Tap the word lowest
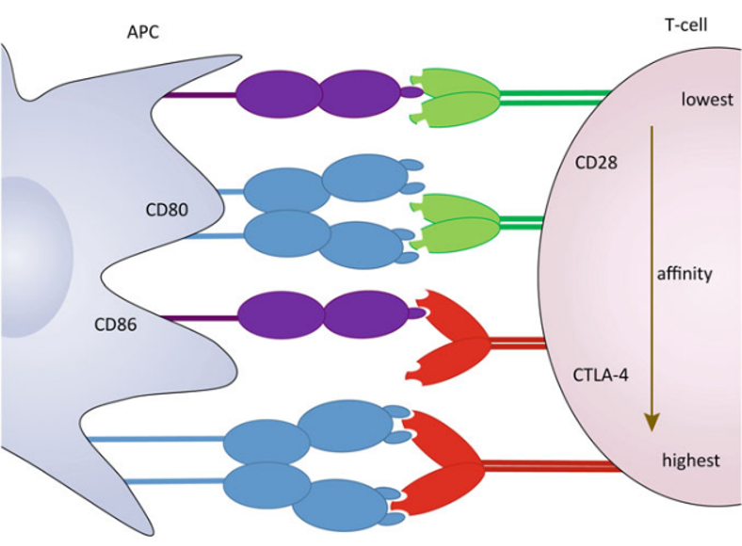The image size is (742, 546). point(706,99)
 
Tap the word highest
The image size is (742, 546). point(690,460)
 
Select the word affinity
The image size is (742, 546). point(686,275)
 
